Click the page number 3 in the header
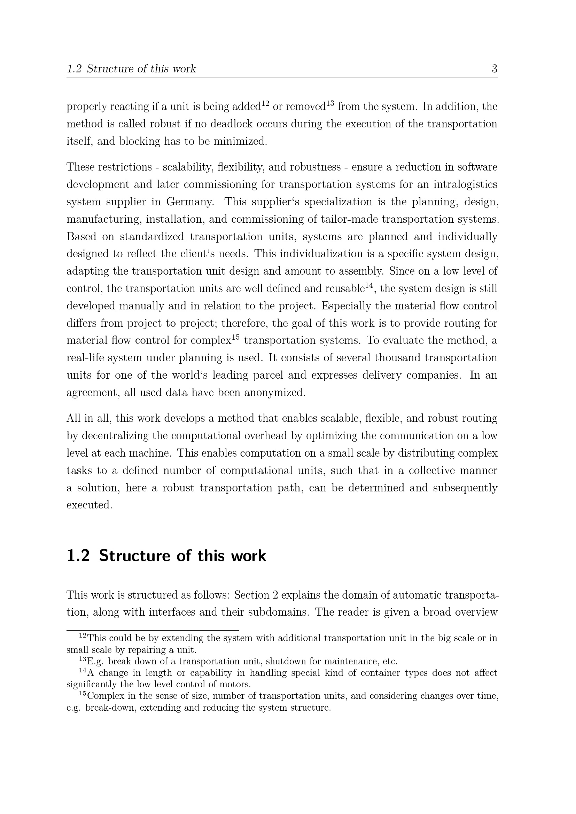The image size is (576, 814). (x=494, y=69)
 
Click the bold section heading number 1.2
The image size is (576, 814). (x=78, y=555)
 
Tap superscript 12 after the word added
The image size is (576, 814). (x=265, y=103)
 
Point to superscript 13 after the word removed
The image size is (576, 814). (x=330, y=103)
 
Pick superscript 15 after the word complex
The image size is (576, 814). (x=236, y=338)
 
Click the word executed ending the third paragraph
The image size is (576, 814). (x=89, y=505)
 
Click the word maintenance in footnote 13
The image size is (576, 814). (x=347, y=662)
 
